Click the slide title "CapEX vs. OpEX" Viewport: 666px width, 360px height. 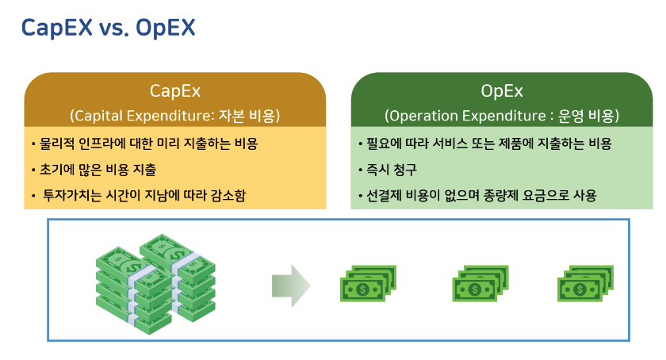109,28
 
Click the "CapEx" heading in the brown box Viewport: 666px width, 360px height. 174,91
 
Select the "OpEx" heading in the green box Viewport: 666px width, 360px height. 502,91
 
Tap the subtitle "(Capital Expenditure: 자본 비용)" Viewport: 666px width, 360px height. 174,116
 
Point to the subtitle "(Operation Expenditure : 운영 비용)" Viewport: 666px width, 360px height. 502,116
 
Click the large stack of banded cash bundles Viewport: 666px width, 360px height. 155,284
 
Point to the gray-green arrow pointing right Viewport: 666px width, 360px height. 292,285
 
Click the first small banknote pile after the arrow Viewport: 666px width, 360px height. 368,284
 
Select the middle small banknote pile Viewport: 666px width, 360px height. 480,284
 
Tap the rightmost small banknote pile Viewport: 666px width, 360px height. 586,284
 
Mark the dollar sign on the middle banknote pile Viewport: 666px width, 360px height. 474,290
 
